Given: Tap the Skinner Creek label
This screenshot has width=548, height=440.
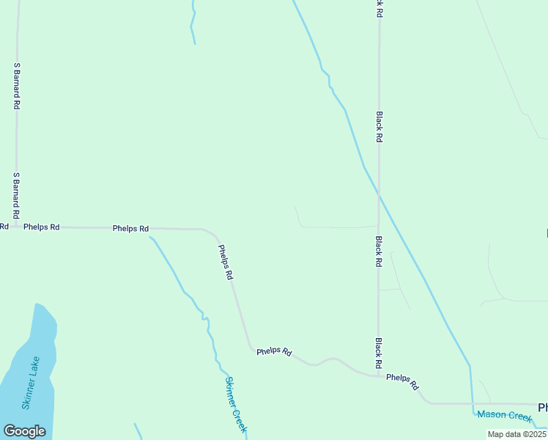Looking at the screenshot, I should [236, 405].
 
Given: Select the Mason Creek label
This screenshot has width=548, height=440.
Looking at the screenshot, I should [504, 416].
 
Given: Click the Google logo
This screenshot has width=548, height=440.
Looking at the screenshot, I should [24, 431].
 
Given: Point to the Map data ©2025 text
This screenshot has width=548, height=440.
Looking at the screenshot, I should [517, 434].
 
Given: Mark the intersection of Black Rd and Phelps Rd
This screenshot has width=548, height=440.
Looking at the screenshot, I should [378, 376].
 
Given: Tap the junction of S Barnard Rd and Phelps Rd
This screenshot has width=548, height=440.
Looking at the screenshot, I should [16, 227].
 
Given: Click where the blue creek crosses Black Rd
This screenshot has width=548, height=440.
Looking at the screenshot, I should [378, 194].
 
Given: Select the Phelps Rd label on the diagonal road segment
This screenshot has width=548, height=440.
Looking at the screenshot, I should [226, 263].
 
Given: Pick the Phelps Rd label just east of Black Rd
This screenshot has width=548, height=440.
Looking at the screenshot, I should [402, 381].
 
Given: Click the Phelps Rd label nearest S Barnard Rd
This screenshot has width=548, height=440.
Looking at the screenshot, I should [41, 227].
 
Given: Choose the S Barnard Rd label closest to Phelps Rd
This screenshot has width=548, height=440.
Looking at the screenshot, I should [16, 194].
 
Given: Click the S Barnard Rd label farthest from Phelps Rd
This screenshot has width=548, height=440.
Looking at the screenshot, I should [16, 86].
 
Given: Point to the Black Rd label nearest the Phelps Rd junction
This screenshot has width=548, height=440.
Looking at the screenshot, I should [378, 353].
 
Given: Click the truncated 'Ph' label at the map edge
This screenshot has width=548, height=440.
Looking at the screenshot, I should [543, 408].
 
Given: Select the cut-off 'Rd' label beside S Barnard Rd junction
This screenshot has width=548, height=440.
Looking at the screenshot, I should [4, 227].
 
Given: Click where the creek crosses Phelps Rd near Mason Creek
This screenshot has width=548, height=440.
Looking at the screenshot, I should [471, 403].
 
